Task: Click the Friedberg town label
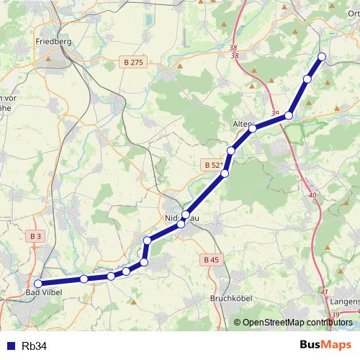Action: [x=53, y=42]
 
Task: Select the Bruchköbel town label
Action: [x=228, y=297]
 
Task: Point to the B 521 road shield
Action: [x=212, y=165]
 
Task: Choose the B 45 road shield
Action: [x=210, y=259]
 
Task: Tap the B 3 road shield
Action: [x=36, y=235]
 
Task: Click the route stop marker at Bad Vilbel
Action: [x=38, y=284]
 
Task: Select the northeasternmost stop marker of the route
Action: [x=322, y=56]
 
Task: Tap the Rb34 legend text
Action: [x=34, y=346]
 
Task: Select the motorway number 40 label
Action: [x=312, y=195]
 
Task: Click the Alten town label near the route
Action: [x=242, y=124]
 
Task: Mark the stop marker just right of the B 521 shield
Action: [x=225, y=174]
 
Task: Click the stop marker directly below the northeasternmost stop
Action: [x=307, y=79]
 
